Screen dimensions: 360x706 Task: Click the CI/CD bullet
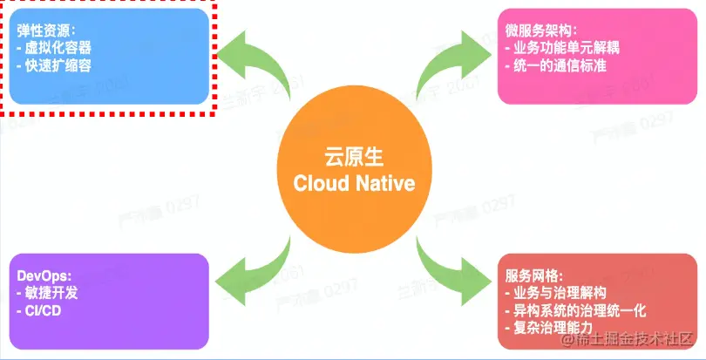[39, 311]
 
